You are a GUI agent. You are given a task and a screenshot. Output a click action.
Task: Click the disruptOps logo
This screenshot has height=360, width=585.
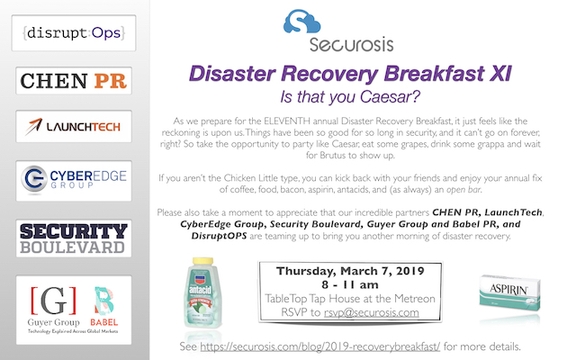pyautogui.click(x=74, y=32)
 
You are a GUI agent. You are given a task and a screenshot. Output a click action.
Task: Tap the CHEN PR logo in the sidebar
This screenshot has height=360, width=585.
pyautogui.click(x=74, y=81)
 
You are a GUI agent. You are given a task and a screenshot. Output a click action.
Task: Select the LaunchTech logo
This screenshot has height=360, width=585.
pyautogui.click(x=74, y=127)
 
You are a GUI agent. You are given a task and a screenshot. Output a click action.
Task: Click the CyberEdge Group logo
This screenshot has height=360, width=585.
pyautogui.click(x=74, y=181)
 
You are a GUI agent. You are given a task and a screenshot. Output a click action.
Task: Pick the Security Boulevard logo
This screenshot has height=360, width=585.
pyautogui.click(x=74, y=238)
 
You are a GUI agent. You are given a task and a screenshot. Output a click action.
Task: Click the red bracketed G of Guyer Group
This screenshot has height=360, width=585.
pyautogui.click(x=53, y=301)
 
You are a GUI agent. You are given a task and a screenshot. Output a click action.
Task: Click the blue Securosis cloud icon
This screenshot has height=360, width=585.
pyautogui.click(x=301, y=22)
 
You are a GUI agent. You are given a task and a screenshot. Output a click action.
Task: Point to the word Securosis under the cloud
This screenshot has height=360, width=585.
pyautogui.click(x=351, y=44)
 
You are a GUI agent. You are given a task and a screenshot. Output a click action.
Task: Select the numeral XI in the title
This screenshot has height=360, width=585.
pyautogui.click(x=500, y=74)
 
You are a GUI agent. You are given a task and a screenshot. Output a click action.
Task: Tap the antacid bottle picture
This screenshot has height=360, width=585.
pyautogui.click(x=202, y=292)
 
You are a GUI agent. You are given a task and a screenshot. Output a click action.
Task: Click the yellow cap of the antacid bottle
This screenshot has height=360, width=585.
pyautogui.click(x=202, y=261)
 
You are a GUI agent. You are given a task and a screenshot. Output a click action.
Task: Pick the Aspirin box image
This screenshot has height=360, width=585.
pyautogui.click(x=509, y=292)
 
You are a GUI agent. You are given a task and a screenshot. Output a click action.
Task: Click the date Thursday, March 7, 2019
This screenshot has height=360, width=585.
pyautogui.click(x=350, y=271)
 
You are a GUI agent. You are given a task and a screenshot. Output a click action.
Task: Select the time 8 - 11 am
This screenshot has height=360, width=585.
pyautogui.click(x=350, y=285)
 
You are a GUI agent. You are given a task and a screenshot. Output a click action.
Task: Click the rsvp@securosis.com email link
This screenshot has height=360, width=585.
pyautogui.click(x=371, y=312)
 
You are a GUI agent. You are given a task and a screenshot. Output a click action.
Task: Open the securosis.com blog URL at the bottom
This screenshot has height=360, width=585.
pyautogui.click(x=320, y=346)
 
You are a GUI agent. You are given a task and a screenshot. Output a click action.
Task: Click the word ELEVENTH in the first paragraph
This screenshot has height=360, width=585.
pyautogui.click(x=286, y=121)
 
